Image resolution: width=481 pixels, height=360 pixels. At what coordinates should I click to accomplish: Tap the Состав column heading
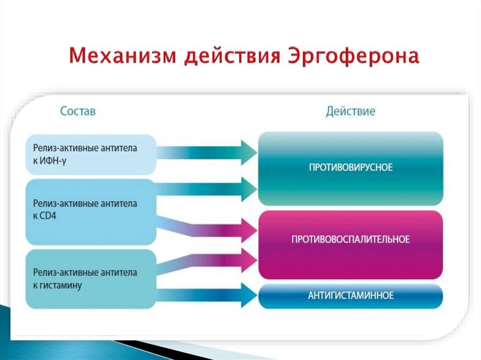(78, 111)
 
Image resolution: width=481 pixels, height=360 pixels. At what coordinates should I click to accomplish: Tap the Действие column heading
(350, 111)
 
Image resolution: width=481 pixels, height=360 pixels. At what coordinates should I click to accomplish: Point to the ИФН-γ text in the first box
(52, 160)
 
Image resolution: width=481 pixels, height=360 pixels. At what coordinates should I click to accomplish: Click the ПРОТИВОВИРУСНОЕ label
(350, 168)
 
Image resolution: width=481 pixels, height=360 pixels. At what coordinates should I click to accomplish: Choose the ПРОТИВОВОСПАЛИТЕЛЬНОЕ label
(350, 239)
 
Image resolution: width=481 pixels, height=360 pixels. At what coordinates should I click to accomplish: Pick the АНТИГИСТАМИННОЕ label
(350, 296)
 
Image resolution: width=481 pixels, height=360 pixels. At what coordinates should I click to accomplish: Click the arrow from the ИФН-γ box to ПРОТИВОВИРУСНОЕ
(207, 152)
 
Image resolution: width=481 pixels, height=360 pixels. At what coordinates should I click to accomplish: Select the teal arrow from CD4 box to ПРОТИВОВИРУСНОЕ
(207, 189)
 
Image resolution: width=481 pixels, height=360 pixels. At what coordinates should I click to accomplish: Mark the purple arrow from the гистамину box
(207, 262)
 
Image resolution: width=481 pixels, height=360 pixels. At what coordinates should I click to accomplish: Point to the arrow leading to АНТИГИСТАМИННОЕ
(207, 296)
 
